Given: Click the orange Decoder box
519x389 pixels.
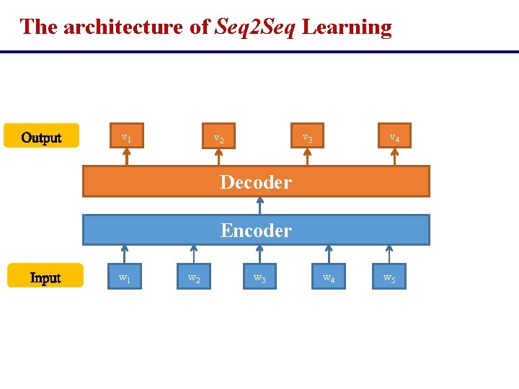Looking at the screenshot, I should [256, 182].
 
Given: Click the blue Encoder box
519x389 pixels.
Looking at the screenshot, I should [256, 231].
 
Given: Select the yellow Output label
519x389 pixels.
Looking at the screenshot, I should [41, 137].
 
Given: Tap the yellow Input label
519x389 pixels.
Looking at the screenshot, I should [45, 277].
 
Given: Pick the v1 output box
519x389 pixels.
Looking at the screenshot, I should [126, 136].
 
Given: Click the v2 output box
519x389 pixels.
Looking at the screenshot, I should [218, 137].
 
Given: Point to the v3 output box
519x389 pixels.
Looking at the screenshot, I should [307, 136].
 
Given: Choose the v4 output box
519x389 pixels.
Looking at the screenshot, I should [395, 136].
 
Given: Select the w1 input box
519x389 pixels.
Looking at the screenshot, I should [125, 277].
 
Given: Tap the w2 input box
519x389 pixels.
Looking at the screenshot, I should [194, 277].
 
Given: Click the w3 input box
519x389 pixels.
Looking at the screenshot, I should [259, 277].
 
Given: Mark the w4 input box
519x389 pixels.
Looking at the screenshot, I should [329, 277].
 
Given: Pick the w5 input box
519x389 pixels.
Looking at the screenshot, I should [389, 277].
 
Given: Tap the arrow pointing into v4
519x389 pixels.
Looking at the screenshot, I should [394, 157].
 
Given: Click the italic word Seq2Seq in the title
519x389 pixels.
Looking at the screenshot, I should [255, 27].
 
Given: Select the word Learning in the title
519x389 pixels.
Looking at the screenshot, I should [347, 27].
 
